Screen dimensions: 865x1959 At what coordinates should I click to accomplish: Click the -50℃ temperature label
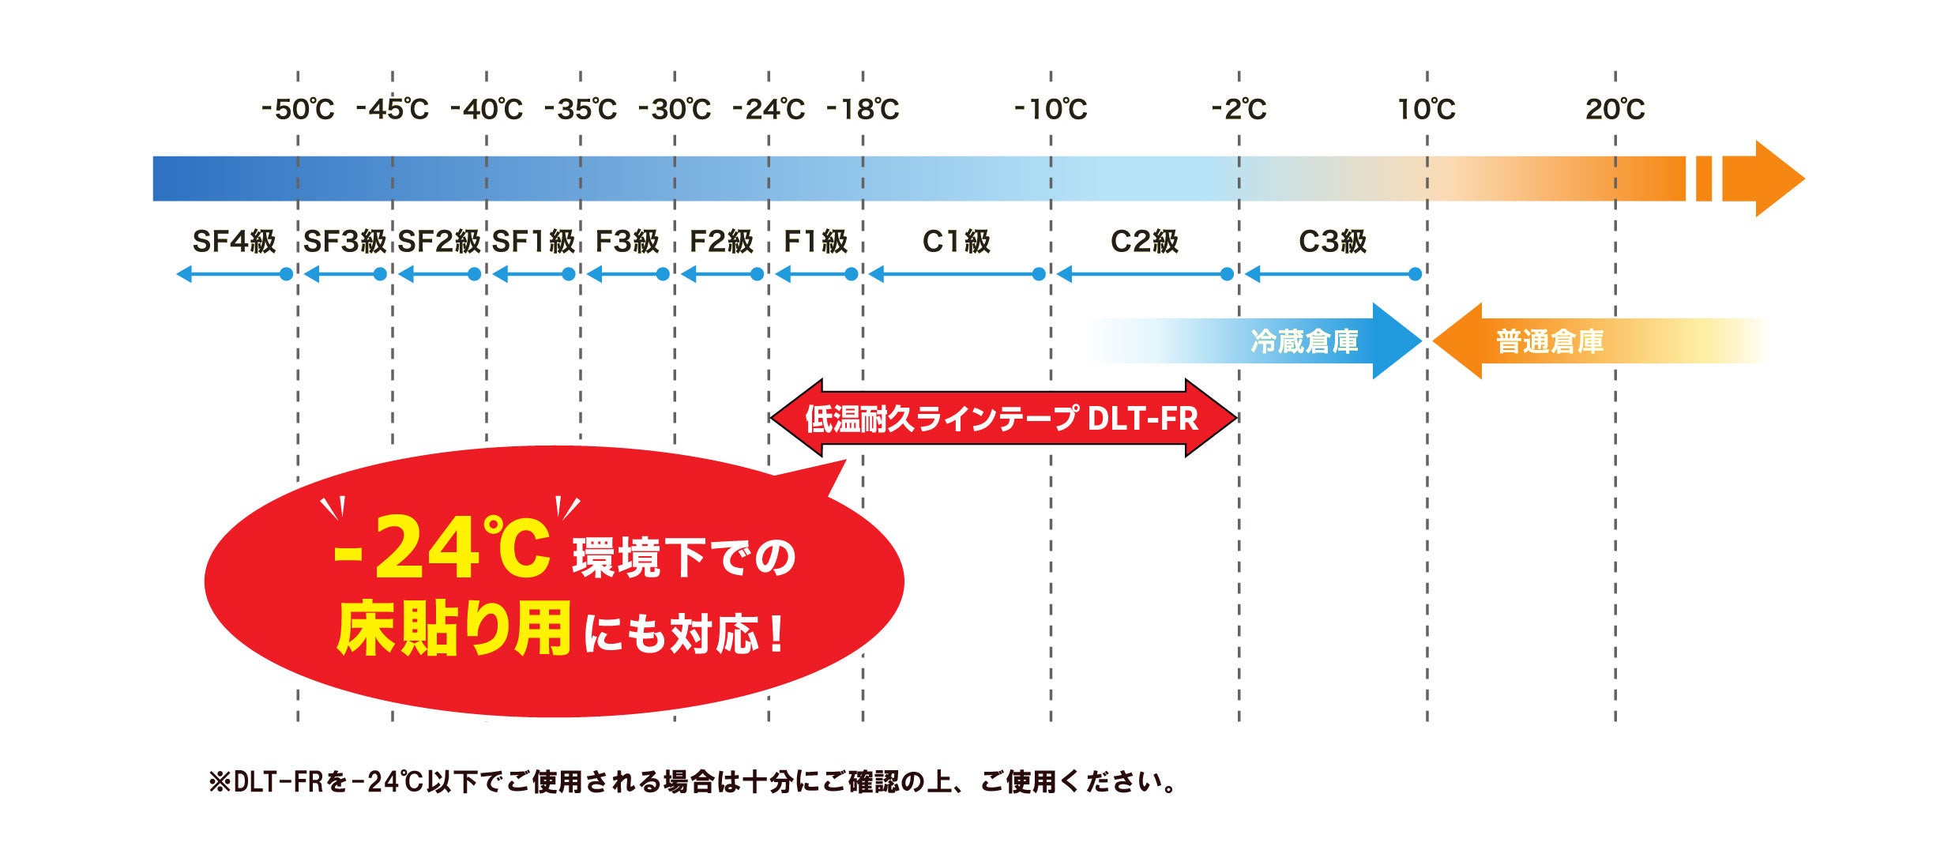coord(298,109)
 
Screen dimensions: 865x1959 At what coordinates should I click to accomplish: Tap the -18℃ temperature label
coord(863,109)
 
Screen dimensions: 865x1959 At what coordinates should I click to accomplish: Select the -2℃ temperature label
coord(1239,109)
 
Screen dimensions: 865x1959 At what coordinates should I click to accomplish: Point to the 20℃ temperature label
coord(1615,109)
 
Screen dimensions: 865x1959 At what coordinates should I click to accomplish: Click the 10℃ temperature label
coord(1427,109)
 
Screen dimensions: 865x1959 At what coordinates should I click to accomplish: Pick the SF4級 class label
coord(234,242)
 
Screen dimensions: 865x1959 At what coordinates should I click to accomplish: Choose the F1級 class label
coord(815,242)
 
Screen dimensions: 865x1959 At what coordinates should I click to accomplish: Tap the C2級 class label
coord(1144,242)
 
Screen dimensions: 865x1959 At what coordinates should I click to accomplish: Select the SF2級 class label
coord(439,242)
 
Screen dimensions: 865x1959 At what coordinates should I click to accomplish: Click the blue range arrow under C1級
coord(957,274)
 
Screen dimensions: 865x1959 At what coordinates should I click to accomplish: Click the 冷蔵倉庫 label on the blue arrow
coord(1304,341)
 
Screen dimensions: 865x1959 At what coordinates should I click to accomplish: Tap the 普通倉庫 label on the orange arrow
coord(1550,341)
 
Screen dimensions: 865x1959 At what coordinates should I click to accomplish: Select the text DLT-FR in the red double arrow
coord(1142,419)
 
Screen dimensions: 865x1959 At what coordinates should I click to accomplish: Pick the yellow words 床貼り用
coord(453,630)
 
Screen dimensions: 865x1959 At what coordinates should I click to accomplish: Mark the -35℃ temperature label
coord(581,109)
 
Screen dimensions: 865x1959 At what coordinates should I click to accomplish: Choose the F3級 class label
coord(627,242)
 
